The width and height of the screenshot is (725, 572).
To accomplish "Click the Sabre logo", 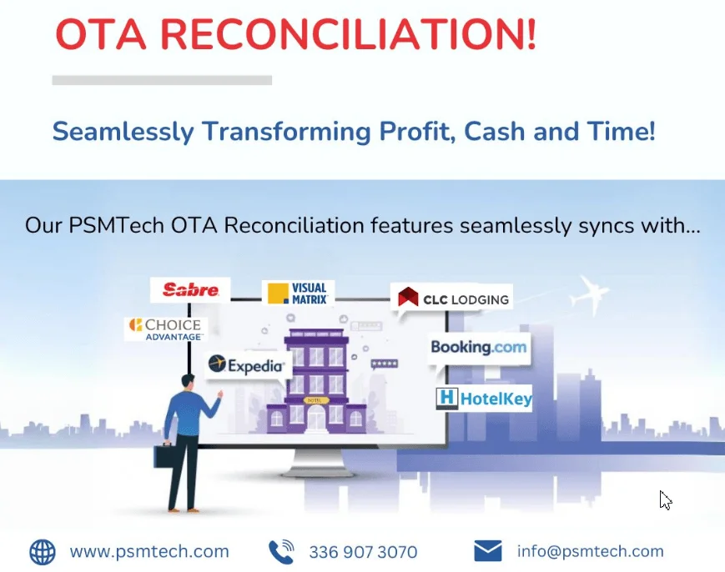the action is pyautogui.click(x=190, y=289).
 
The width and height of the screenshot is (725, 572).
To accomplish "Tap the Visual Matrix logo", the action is pyautogui.click(x=298, y=294).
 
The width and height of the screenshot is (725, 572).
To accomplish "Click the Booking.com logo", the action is pyautogui.click(x=479, y=347).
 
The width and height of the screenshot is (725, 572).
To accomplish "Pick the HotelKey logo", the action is pyautogui.click(x=484, y=398).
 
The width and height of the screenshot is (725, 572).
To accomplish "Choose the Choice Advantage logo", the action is pyautogui.click(x=166, y=329).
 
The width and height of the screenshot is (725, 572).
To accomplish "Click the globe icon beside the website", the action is pyautogui.click(x=43, y=552).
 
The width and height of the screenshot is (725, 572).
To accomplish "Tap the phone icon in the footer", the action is pyautogui.click(x=281, y=551).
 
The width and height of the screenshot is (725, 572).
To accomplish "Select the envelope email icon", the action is pyautogui.click(x=488, y=551).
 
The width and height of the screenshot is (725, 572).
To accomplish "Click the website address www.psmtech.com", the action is pyautogui.click(x=149, y=552).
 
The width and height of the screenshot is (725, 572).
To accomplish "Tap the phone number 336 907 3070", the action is pyautogui.click(x=363, y=552).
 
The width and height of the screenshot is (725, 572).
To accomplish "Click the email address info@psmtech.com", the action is pyautogui.click(x=590, y=551).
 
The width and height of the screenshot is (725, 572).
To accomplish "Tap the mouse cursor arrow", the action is pyautogui.click(x=666, y=500).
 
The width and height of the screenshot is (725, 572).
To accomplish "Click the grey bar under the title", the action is pyautogui.click(x=162, y=80).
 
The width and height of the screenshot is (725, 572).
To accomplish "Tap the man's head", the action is pyautogui.click(x=188, y=382).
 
